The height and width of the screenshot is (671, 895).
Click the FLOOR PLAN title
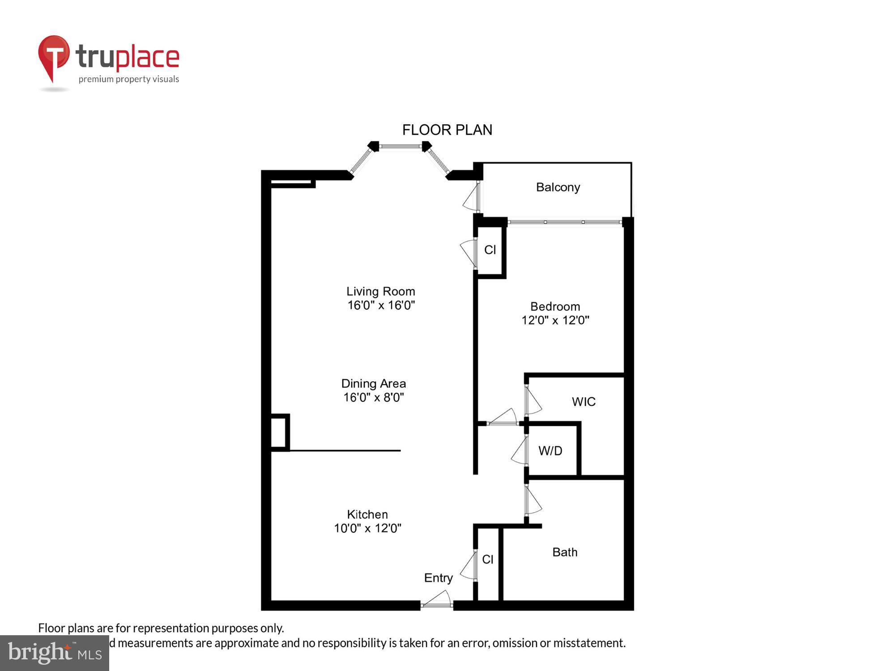point(447,130)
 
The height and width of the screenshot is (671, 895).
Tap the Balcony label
point(558,187)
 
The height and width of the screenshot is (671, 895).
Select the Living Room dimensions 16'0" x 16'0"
point(381,306)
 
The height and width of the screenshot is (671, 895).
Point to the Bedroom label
point(555,306)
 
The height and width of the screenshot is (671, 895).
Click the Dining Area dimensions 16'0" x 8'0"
point(374,398)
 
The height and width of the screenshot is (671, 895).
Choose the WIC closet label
point(584,402)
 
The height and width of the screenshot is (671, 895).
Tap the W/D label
point(550,451)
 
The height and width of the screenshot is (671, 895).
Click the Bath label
point(565,552)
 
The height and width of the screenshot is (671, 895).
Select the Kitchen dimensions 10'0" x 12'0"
point(367,528)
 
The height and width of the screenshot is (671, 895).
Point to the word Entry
point(438,578)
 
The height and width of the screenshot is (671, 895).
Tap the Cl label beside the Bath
point(488,560)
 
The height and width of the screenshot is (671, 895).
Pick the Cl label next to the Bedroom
point(490,250)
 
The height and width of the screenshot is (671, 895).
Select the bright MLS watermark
point(55,653)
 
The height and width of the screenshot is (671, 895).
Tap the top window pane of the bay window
point(401,146)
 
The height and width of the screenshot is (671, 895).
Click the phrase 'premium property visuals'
point(129,79)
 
